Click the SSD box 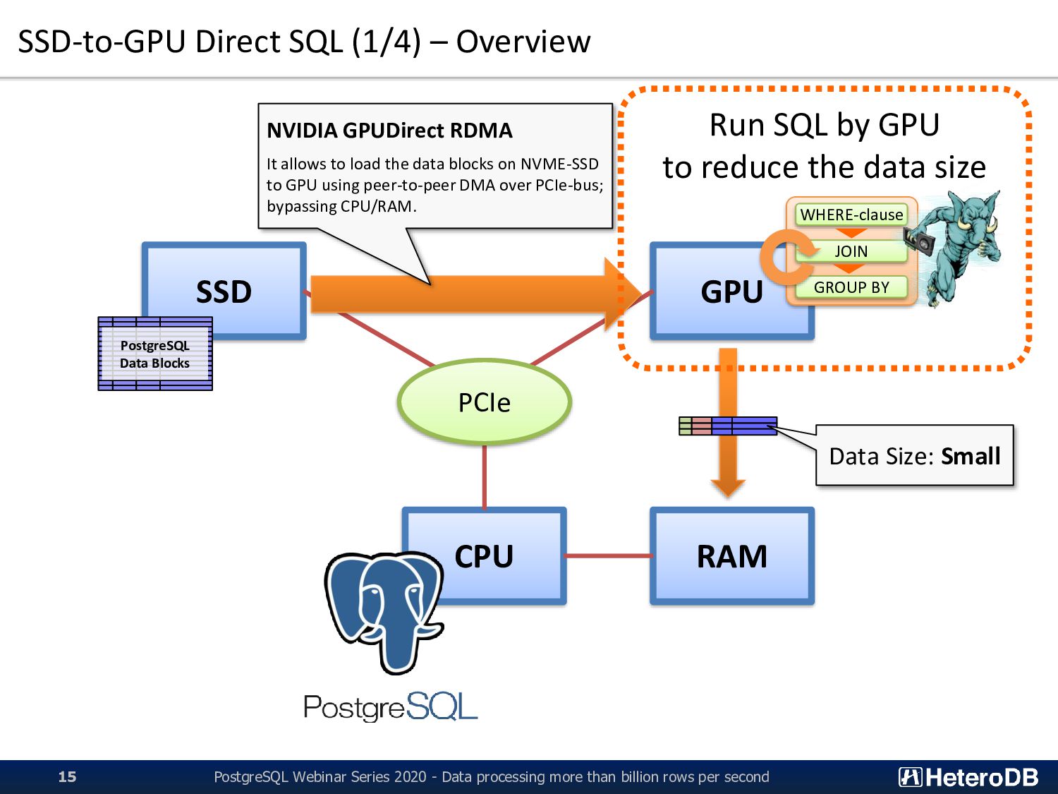[224, 291]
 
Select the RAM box [731, 556]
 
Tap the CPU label [484, 556]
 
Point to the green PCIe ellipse [485, 402]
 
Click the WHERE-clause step [851, 215]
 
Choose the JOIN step [851, 251]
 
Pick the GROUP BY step [851, 287]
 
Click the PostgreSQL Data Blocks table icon [155, 354]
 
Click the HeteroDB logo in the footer [968, 777]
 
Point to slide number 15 [67, 776]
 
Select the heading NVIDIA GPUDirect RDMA [389, 131]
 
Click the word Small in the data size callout [971, 456]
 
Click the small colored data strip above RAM [728, 426]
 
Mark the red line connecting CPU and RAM [608, 556]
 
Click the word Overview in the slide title [523, 42]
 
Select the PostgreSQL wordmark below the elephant [391, 706]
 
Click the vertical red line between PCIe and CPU [485, 477]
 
